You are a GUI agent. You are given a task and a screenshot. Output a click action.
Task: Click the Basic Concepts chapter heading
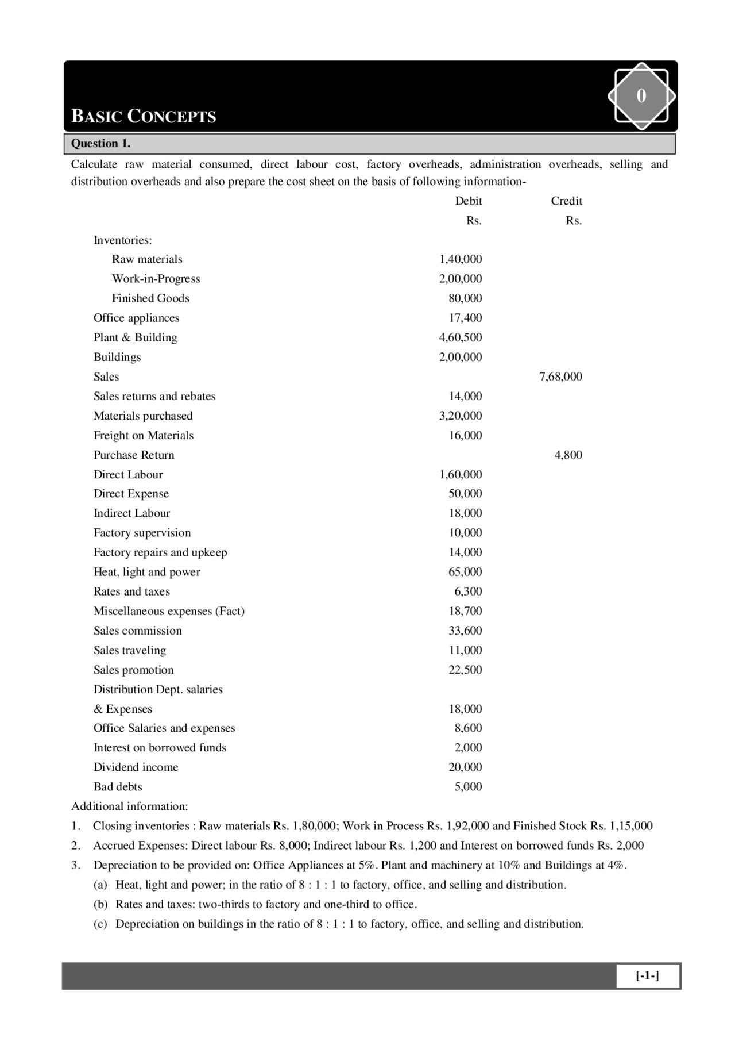pyautogui.click(x=144, y=116)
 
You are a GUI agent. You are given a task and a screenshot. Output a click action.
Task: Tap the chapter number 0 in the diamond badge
pyautogui.click(x=641, y=95)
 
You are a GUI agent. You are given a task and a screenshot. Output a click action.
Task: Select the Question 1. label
pyautogui.click(x=100, y=143)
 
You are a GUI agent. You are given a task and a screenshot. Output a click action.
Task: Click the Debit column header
pyautogui.click(x=468, y=201)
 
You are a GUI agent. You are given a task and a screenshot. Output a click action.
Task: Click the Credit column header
pyautogui.click(x=566, y=201)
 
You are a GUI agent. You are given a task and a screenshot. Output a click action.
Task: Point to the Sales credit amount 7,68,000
pyautogui.click(x=560, y=377)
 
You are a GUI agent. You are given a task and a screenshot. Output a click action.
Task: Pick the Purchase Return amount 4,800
pyautogui.click(x=568, y=455)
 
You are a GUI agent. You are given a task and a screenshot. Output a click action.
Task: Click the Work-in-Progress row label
pyautogui.click(x=156, y=279)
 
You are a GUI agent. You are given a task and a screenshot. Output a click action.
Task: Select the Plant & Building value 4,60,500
pyautogui.click(x=461, y=337)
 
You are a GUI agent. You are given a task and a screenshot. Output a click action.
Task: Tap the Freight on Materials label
pyautogui.click(x=144, y=435)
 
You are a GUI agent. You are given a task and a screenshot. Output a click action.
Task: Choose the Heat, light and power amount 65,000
pyautogui.click(x=465, y=572)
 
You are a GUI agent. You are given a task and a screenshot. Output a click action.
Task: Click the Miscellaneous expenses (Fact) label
pyautogui.click(x=169, y=611)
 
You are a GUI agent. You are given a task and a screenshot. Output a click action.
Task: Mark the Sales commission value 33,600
pyautogui.click(x=465, y=631)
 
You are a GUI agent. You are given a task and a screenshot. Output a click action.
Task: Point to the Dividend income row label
pyautogui.click(x=136, y=767)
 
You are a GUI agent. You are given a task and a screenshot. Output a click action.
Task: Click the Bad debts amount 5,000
pyautogui.click(x=468, y=786)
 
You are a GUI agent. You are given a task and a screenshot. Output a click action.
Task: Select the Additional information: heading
pyautogui.click(x=129, y=806)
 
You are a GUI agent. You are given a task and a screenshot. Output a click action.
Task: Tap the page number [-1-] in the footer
pyautogui.click(x=647, y=975)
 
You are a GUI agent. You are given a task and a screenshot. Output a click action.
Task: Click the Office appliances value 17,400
pyautogui.click(x=465, y=318)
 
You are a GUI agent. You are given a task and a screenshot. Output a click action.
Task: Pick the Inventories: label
pyautogui.click(x=123, y=240)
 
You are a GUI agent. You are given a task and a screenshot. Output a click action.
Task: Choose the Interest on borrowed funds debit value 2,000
pyautogui.click(x=468, y=747)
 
